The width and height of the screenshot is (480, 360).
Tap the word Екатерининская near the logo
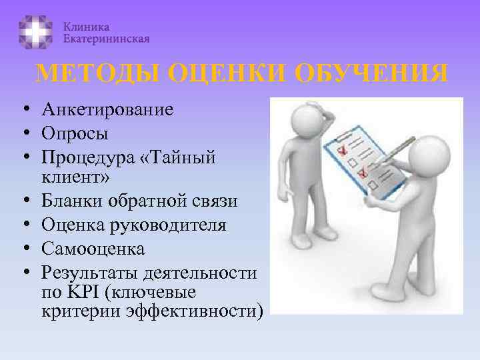coord(107,39)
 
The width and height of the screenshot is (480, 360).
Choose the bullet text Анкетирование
coord(107,109)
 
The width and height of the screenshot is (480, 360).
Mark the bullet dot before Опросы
coord(23,133)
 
